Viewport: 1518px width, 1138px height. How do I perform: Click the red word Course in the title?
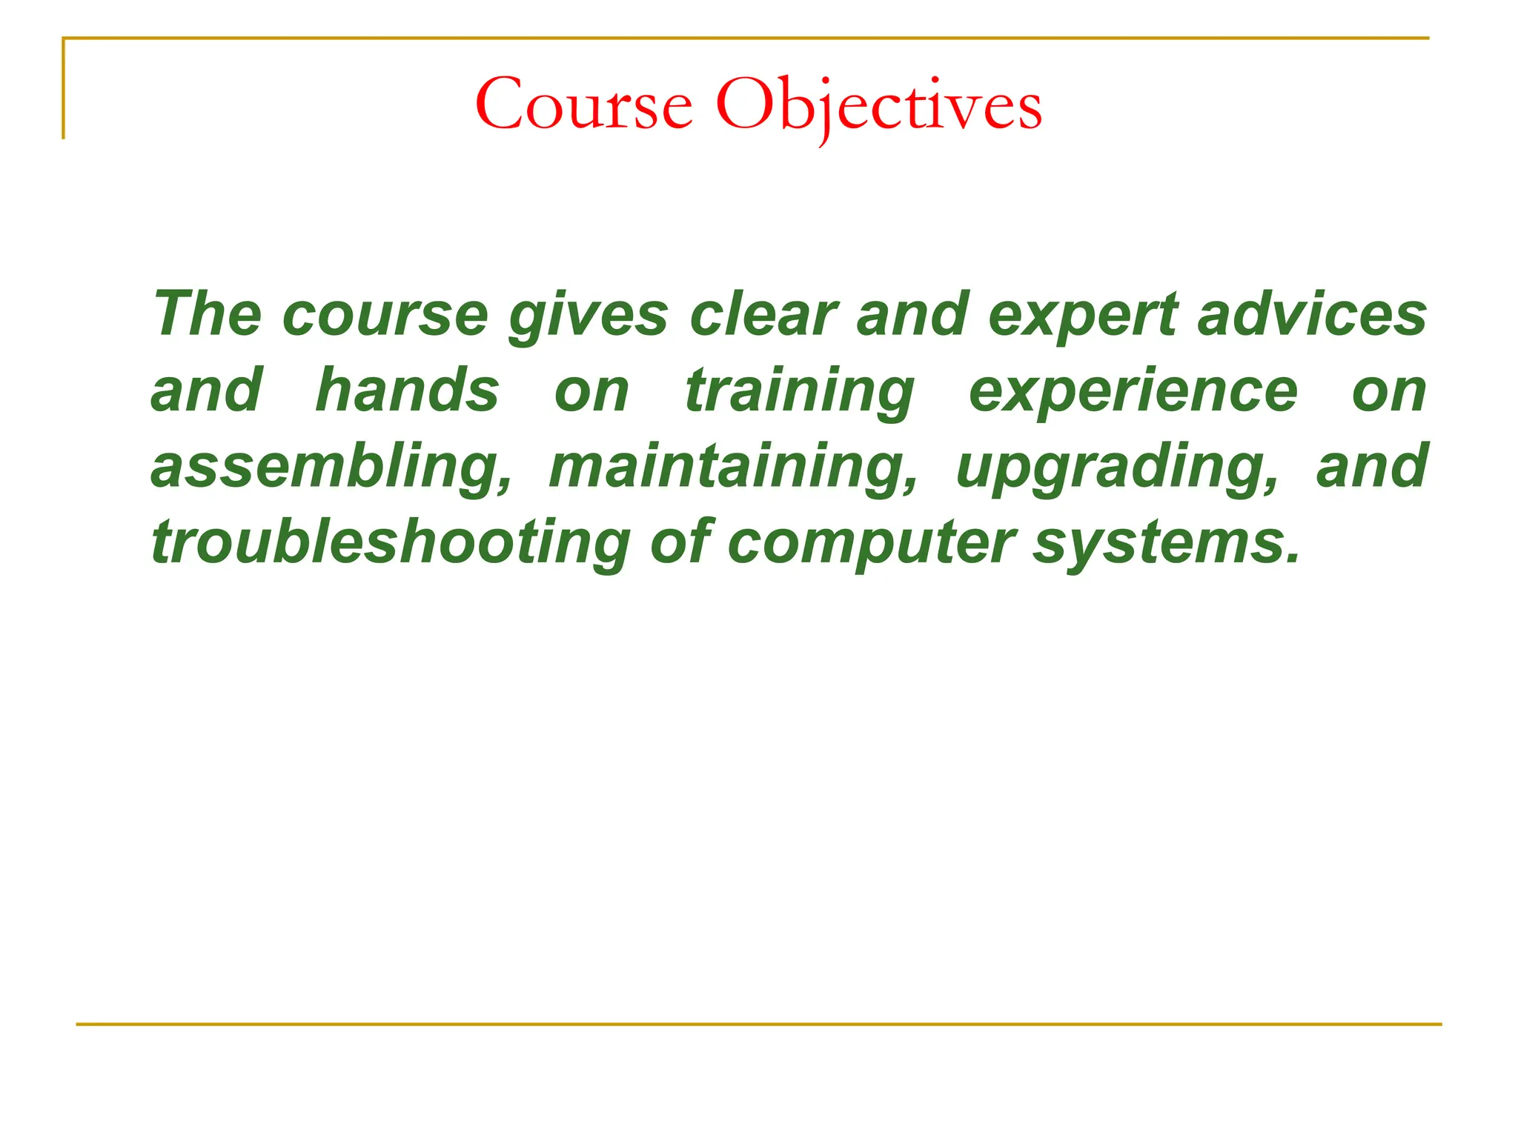[583, 105]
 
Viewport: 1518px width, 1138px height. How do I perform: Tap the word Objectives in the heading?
[879, 105]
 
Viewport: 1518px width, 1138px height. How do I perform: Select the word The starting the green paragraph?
[207, 314]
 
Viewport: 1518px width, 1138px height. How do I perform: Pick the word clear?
[763, 314]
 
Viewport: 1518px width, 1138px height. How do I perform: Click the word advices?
[1312, 314]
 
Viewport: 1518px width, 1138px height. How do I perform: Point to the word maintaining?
[734, 467]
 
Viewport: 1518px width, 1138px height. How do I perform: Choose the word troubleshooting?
[390, 544]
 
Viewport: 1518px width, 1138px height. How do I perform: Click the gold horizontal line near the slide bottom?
[759, 1025]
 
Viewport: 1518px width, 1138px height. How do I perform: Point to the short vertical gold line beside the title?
[64, 89]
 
